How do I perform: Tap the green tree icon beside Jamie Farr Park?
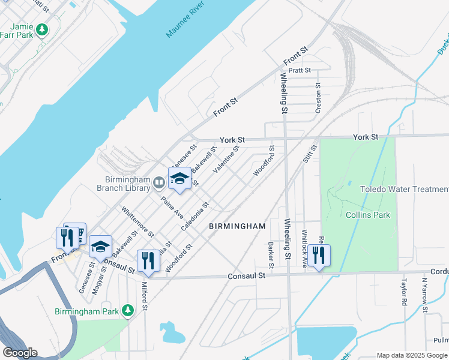[x=42, y=29]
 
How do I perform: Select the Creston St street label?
[x=318, y=98]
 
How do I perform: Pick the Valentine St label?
[x=226, y=160]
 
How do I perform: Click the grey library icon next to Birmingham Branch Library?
[x=159, y=181]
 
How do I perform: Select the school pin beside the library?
[x=179, y=179]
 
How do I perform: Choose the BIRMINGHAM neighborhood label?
[x=237, y=226]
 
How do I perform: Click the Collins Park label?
[x=368, y=215]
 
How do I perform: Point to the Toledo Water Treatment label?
[x=404, y=189]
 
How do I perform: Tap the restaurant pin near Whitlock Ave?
[x=318, y=256]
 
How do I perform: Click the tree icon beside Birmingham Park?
[x=127, y=311]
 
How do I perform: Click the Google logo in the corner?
[x=20, y=353]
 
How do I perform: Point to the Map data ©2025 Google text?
[x=412, y=355]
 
